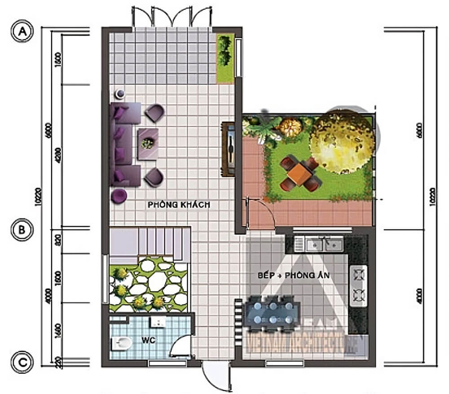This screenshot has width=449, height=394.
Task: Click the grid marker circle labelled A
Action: click(20, 32)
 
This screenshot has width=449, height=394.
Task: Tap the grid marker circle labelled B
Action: click(20, 230)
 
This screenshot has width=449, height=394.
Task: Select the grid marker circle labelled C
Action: click(20, 362)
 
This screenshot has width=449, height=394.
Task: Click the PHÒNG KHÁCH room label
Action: click(179, 205)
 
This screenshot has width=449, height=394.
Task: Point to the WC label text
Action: click(150, 341)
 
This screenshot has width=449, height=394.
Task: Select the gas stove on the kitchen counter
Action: click(359, 284)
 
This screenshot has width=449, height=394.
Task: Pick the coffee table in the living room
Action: click(148, 143)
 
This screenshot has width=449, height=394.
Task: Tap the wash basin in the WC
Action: click(158, 321)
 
